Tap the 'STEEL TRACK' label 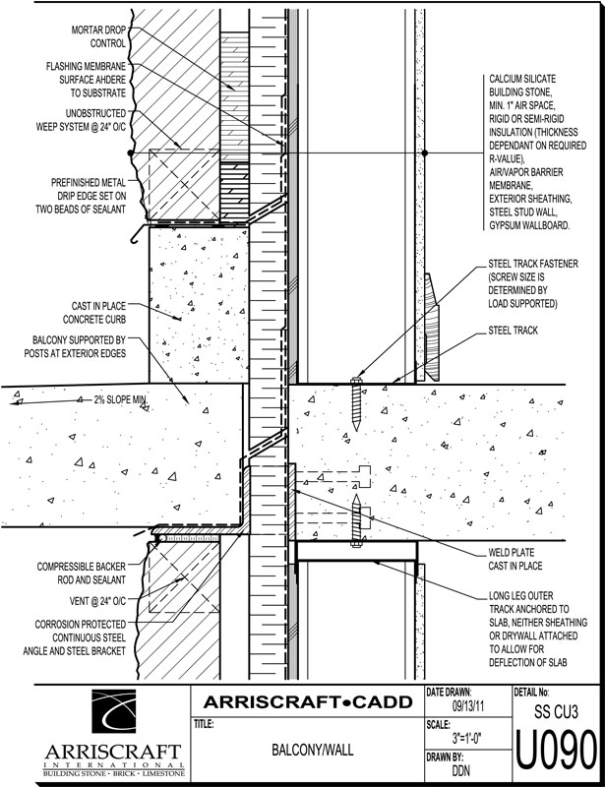(x=513, y=332)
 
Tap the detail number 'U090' (x=555, y=753)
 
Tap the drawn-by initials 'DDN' (x=461, y=772)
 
